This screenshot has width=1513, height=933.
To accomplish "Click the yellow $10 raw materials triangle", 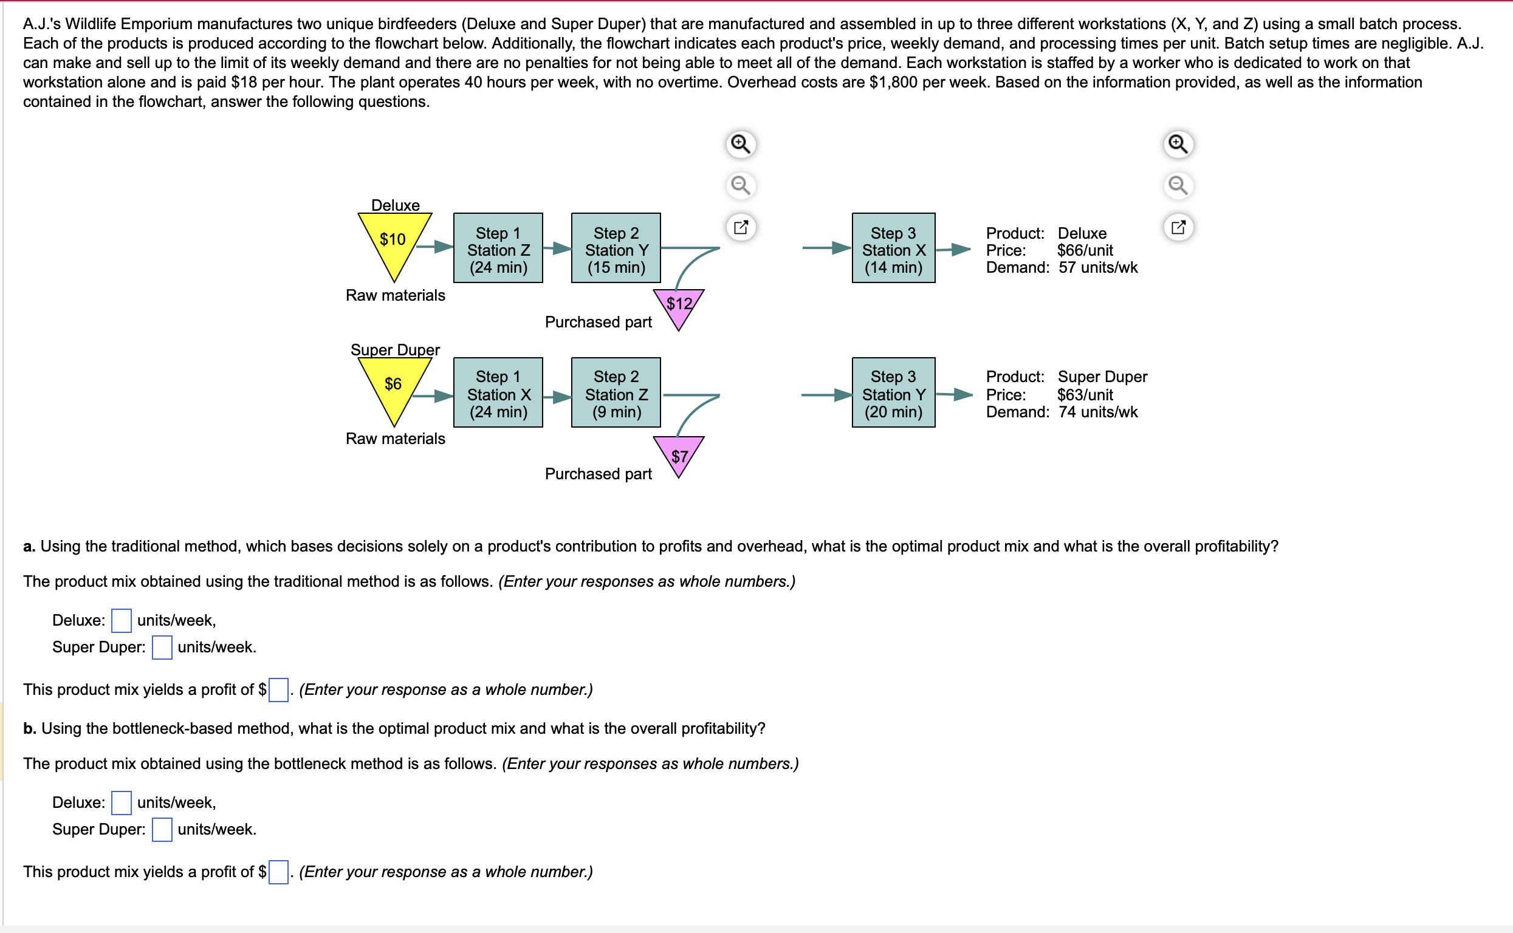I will (394, 241).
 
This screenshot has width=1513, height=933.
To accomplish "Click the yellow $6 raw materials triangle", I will (394, 385).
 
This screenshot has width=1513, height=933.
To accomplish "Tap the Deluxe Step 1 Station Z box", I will (498, 248).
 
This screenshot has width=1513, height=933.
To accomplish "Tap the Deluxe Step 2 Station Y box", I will (616, 248).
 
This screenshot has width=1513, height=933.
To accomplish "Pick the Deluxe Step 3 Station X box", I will (893, 248).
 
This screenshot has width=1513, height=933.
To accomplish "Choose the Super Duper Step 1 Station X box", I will (498, 393).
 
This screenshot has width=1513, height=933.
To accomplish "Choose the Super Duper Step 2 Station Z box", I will (616, 393).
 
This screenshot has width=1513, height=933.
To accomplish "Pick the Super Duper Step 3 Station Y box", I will (893, 393).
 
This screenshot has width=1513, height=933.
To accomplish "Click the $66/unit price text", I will (1085, 250).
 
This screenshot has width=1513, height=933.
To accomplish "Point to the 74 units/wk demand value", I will (1097, 412).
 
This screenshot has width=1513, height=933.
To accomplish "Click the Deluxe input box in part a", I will (121, 620).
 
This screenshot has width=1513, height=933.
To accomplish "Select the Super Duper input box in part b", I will (162, 829).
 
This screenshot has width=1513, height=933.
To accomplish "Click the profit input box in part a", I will (278, 689).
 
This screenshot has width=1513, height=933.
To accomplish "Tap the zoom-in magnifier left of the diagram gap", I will (740, 145).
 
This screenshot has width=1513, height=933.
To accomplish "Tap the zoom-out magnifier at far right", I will (1178, 185).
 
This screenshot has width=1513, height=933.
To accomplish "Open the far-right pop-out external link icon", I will (1178, 227).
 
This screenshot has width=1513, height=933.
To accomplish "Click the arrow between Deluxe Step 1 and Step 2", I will (557, 248).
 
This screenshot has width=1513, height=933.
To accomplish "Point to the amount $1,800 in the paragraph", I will (893, 82).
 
